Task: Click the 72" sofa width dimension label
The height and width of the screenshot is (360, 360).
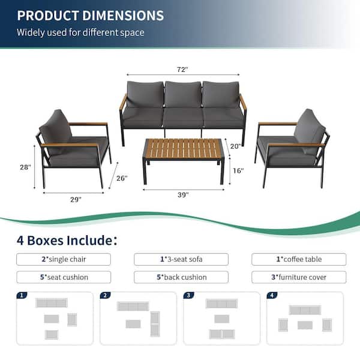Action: pyautogui.click(x=182, y=69)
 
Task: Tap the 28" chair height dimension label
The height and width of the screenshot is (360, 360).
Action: pyautogui.click(x=25, y=167)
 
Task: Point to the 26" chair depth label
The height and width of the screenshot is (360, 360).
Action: pyautogui.click(x=122, y=178)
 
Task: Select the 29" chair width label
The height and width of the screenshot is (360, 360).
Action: pyautogui.click(x=76, y=199)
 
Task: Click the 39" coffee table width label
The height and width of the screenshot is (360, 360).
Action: pyautogui.click(x=183, y=194)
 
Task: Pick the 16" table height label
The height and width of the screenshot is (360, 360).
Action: pyautogui.click(x=238, y=170)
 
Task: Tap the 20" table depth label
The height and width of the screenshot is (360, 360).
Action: pyautogui.click(x=236, y=146)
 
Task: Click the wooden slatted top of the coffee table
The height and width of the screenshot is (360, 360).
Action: pyautogui.click(x=183, y=149)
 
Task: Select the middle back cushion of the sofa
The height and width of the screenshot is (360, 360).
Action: pyautogui.click(x=183, y=94)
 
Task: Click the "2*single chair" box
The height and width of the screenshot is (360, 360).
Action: pyautogui.click(x=64, y=259)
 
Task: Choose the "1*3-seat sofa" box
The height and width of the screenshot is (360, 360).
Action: pyautogui.click(x=181, y=259)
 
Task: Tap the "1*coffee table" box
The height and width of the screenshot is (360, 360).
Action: pyautogui.click(x=299, y=259)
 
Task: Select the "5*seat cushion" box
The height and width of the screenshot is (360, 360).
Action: pyautogui.click(x=64, y=277)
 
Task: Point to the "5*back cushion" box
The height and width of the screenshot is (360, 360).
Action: pyautogui.click(x=181, y=277)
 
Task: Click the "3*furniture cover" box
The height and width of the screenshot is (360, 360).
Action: pyautogui.click(x=299, y=277)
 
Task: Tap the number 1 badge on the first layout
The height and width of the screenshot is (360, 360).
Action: pyautogui.click(x=22, y=295)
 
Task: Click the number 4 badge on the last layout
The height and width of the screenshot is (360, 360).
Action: pyautogui.click(x=272, y=295)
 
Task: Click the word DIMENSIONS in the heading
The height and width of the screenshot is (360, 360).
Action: pyautogui.click(x=123, y=16)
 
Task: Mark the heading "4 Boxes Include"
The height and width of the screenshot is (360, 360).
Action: pyautogui.click(x=67, y=241)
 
